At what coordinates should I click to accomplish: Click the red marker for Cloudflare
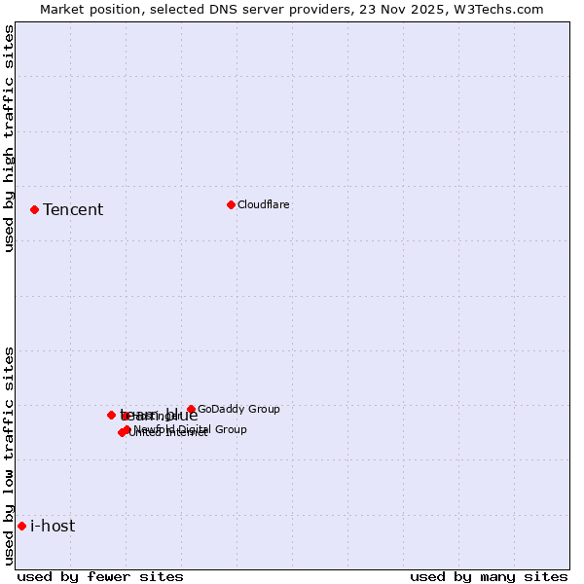(x=231, y=204)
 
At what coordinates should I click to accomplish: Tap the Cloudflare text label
(x=264, y=204)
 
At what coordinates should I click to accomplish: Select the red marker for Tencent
(x=34, y=209)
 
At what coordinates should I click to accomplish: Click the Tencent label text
(x=73, y=209)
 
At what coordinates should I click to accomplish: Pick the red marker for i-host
(x=21, y=526)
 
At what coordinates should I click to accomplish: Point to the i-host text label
(x=53, y=526)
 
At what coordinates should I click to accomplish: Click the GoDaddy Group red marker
(x=191, y=410)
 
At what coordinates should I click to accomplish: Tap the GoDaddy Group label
(x=238, y=410)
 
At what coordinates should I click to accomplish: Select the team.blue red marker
(x=111, y=415)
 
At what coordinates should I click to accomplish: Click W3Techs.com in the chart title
(x=497, y=9)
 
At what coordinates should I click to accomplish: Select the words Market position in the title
(x=89, y=9)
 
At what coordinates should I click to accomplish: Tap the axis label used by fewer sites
(x=100, y=576)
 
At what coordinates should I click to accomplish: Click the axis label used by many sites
(x=489, y=576)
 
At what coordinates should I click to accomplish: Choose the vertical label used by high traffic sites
(x=9, y=138)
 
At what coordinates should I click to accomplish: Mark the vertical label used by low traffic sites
(x=9, y=455)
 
